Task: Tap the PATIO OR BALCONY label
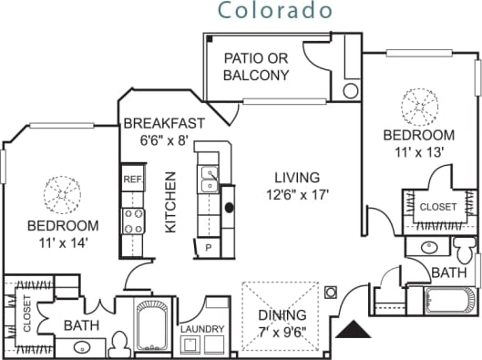(256, 66)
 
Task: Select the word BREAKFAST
(164, 123)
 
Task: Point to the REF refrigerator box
(132, 180)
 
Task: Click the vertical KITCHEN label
(169, 203)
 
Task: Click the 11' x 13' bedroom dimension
(418, 152)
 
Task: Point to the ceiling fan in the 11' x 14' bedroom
(63, 192)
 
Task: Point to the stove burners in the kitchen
(133, 220)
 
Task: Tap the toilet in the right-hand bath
(465, 247)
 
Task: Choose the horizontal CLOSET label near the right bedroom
(438, 207)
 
